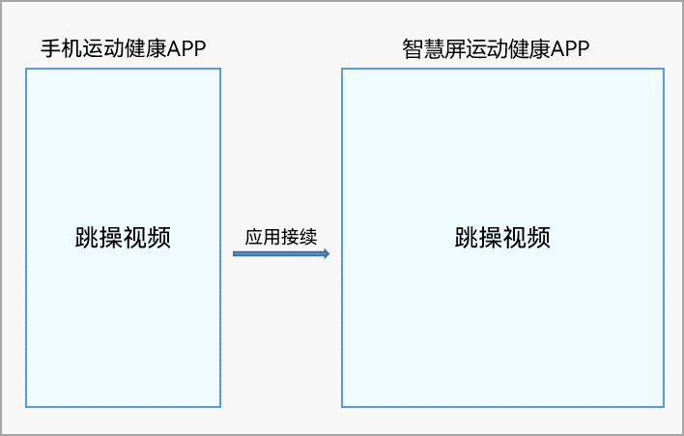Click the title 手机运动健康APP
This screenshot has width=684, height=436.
coord(123,48)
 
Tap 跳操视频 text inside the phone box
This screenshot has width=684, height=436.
coord(123,238)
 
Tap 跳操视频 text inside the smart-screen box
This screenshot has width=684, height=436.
coord(502,238)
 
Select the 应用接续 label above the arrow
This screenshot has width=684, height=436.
coord(281,236)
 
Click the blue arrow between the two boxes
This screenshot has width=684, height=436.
coord(280,253)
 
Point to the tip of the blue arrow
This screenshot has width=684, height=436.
coord(328,253)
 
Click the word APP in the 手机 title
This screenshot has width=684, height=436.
coord(186,48)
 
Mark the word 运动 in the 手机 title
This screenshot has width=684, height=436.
coord(100,48)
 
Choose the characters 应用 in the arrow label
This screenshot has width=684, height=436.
coord(263,236)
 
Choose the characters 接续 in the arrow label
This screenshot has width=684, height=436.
coord(299,236)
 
